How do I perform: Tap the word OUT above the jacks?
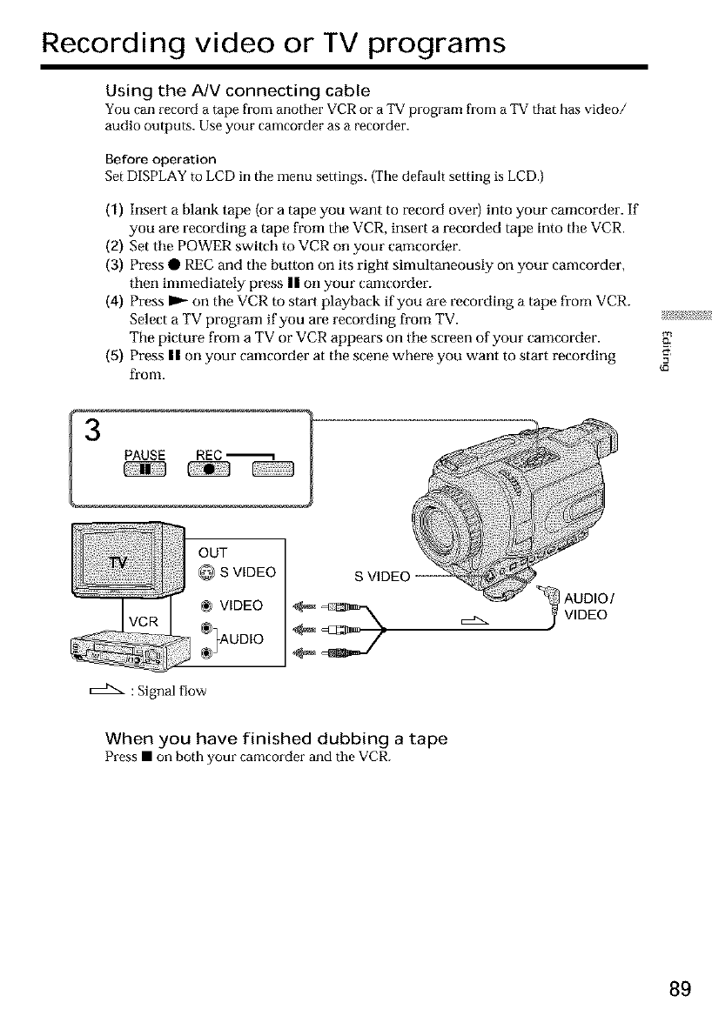(x=213, y=552)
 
